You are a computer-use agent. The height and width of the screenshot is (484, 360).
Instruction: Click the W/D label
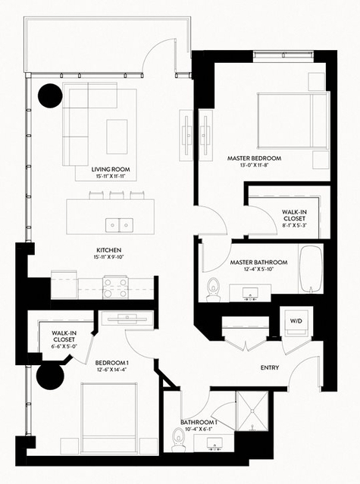296,321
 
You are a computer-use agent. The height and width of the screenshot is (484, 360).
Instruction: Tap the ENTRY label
270,367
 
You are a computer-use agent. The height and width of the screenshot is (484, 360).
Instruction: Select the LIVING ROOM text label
111,170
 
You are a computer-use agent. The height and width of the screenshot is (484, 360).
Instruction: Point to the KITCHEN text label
109,250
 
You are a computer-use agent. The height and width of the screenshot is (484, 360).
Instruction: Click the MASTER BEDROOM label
255,158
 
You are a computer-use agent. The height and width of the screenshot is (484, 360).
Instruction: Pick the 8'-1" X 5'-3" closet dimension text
294,225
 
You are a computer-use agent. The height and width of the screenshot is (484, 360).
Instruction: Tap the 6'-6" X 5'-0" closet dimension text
64,346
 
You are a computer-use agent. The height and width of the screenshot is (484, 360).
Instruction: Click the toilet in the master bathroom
213,289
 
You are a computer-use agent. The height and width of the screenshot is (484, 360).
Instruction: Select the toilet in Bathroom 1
178,439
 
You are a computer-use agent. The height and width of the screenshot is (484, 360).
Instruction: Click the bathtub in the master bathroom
311,269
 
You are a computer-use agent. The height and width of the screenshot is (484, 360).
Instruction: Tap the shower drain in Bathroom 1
252,411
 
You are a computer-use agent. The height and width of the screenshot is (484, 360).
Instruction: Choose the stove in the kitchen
115,287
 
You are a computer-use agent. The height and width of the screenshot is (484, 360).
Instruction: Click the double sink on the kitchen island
119,225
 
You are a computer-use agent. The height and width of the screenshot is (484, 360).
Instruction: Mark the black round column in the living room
50,95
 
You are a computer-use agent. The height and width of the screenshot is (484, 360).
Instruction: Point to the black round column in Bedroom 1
50,376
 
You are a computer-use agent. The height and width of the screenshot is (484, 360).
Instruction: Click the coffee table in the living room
117,137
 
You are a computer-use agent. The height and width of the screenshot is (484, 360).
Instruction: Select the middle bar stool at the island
115,195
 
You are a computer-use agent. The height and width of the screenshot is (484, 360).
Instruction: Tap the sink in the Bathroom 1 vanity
214,444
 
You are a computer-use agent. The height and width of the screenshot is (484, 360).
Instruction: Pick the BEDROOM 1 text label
111,363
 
